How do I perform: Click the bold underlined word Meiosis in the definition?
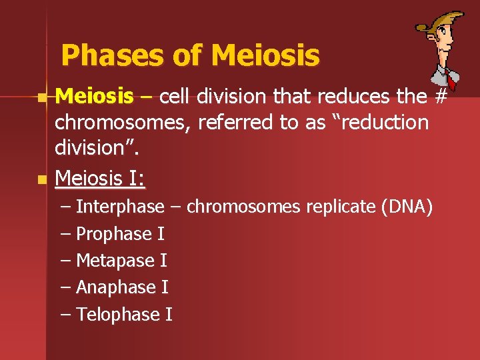click(94, 97)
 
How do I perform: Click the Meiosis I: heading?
click(101, 178)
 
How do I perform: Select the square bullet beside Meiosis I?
click(42, 179)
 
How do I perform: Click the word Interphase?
click(120, 207)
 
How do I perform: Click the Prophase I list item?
click(120, 234)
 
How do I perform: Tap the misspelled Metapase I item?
click(121, 261)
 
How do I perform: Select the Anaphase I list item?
click(122, 287)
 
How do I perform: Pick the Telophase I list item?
click(124, 314)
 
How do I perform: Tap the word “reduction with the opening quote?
click(380, 123)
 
